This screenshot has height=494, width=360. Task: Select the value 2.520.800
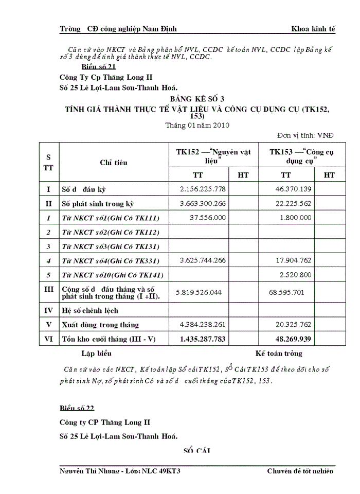(x=293, y=275)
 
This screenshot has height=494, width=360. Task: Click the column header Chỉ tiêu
(x=114, y=163)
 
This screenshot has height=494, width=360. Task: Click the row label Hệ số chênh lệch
(x=90, y=310)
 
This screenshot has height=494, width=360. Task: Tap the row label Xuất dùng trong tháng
(x=100, y=325)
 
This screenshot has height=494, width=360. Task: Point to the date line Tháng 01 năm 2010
(x=197, y=125)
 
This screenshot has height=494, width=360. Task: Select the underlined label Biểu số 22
(x=77, y=409)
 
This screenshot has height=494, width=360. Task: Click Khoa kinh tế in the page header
(x=313, y=29)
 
